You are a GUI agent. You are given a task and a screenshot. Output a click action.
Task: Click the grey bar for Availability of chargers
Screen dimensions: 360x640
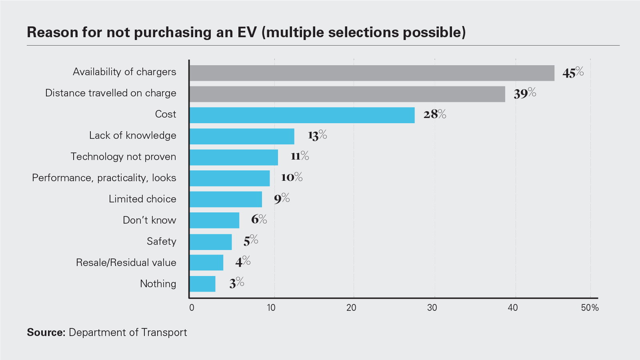[x=372, y=73]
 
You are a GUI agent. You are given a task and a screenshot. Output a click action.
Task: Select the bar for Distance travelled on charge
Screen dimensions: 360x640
[x=347, y=94]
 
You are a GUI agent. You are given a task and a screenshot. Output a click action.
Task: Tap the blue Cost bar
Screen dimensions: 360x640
[x=302, y=115]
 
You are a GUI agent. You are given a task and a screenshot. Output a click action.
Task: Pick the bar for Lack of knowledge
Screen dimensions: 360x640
[x=242, y=136]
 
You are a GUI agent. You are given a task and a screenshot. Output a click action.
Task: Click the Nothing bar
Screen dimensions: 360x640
[x=202, y=284]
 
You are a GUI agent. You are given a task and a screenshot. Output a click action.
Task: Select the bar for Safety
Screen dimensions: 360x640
[x=211, y=242]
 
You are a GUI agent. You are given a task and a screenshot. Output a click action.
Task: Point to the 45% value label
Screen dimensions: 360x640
[x=573, y=73]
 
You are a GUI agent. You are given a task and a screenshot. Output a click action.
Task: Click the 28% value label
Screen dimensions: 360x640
[x=435, y=114]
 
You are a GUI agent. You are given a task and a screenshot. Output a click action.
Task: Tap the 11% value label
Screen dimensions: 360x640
[x=300, y=156]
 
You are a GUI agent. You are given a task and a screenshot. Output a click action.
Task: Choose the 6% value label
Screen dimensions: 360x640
[x=259, y=219]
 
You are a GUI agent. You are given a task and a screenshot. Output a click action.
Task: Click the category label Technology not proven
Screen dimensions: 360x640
[x=123, y=156]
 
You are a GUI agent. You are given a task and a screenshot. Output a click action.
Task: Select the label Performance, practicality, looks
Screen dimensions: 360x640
[x=104, y=178]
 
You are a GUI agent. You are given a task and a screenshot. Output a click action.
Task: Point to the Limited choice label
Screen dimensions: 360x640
[x=142, y=199]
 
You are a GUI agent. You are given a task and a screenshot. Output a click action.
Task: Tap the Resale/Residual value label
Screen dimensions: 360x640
[x=126, y=262]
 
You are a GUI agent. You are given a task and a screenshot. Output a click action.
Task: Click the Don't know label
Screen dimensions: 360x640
[x=149, y=220]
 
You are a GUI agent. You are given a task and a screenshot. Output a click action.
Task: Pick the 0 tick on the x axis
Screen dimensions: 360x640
[x=192, y=308]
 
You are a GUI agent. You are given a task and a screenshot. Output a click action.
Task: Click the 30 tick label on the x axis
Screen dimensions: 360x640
[x=432, y=308]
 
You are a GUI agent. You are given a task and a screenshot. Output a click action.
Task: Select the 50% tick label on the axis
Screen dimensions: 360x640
[x=590, y=308]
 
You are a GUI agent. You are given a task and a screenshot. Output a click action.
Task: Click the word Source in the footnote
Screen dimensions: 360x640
[x=45, y=332]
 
